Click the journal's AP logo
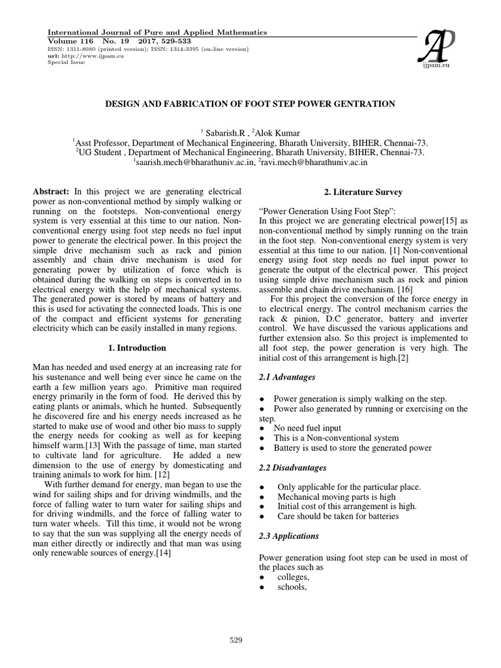pos(438,47)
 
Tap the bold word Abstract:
pos(51,192)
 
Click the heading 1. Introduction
pos(137,348)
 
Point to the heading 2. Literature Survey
pos(363,192)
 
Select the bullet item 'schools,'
pos(291,587)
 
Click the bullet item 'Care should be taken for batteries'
pos(338,516)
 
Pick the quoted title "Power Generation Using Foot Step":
pos(318,211)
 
